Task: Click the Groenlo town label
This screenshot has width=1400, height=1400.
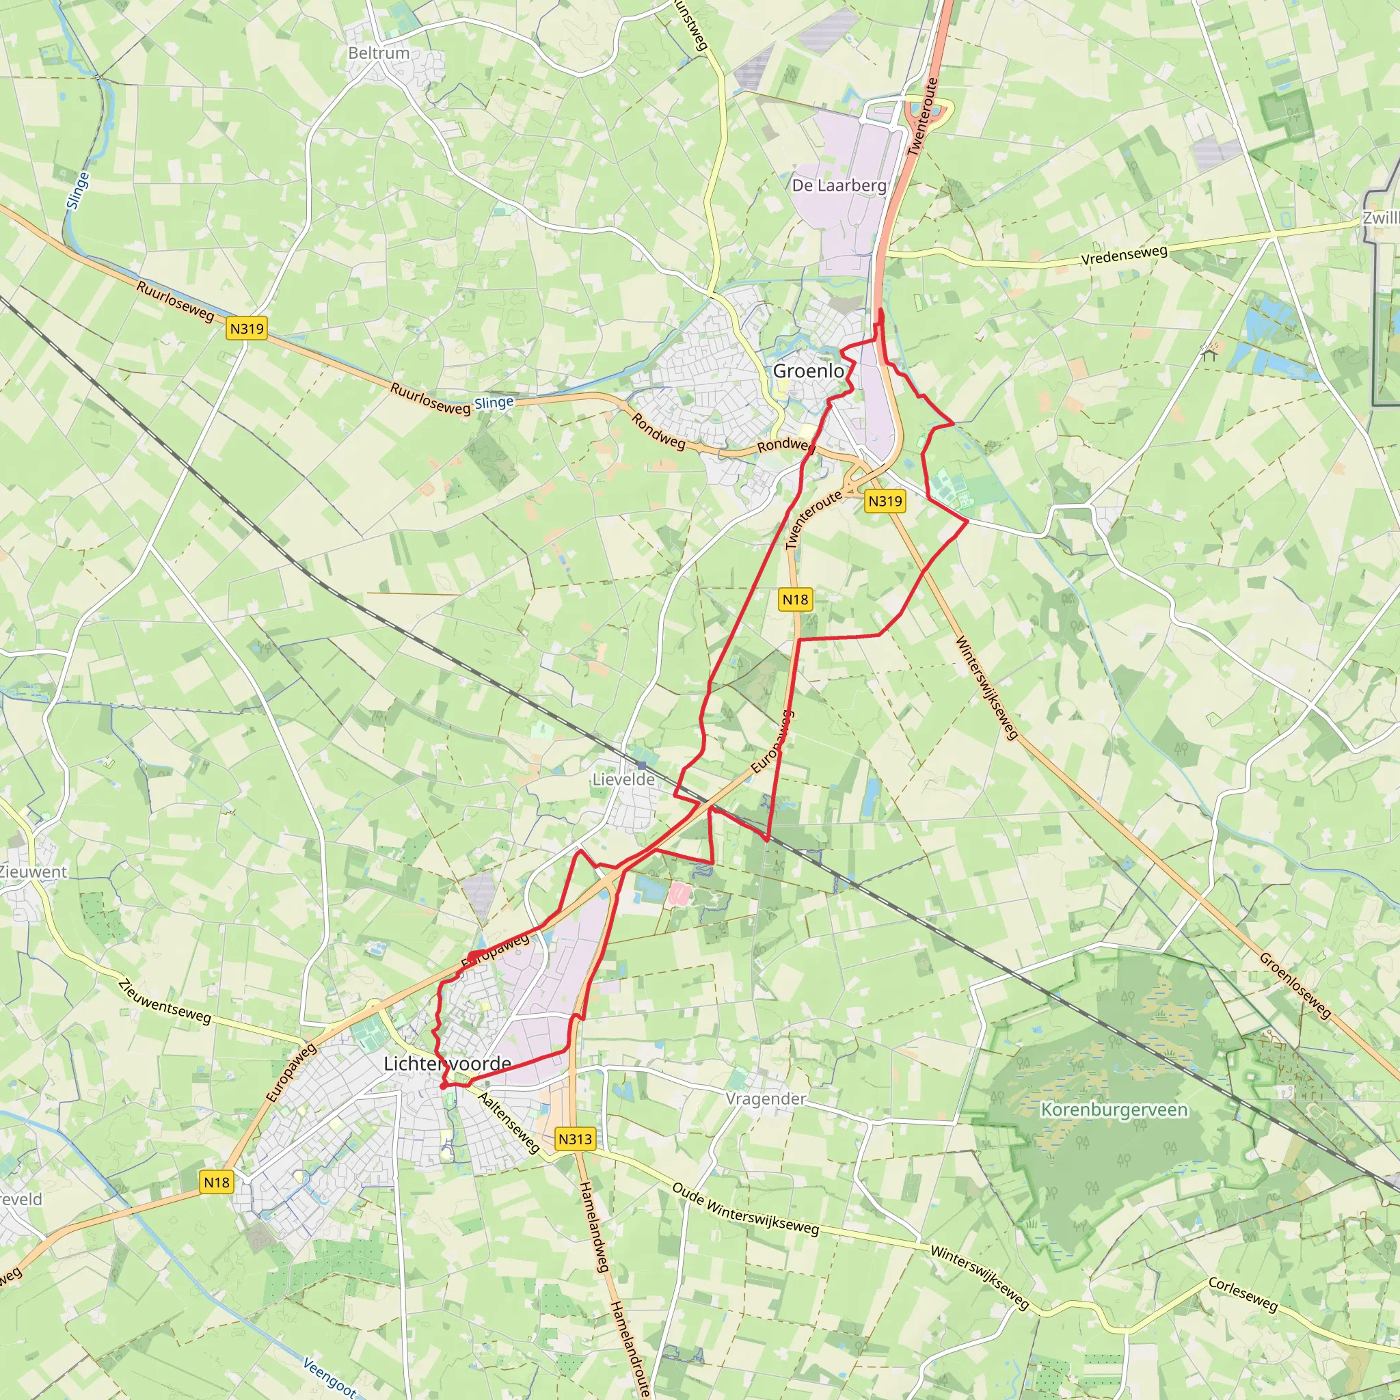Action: point(808,371)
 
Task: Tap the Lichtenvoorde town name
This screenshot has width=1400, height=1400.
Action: point(447,1064)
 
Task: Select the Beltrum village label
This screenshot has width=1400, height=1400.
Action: point(378,53)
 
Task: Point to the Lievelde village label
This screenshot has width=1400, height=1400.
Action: point(623,780)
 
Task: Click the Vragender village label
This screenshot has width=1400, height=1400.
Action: point(766,1099)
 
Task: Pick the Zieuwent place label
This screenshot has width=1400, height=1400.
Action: point(33,872)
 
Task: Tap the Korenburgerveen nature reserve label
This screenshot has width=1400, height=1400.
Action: point(1114,1109)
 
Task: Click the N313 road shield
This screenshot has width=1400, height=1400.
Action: point(576,1139)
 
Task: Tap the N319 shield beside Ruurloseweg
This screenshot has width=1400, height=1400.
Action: point(247,328)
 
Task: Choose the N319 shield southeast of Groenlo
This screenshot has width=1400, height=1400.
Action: point(885,500)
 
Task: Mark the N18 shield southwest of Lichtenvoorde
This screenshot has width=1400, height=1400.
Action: point(217,1183)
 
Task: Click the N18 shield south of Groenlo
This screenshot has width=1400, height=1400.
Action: point(795,600)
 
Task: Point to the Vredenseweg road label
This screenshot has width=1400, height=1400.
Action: point(1124,255)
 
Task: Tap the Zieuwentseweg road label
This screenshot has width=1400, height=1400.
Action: point(165,1001)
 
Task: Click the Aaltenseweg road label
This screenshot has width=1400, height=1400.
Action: point(509,1122)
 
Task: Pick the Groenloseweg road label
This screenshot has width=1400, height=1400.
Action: point(1295,984)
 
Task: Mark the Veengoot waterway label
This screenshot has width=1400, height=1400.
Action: point(329,1377)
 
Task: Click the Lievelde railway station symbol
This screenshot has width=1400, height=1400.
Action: point(642,765)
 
